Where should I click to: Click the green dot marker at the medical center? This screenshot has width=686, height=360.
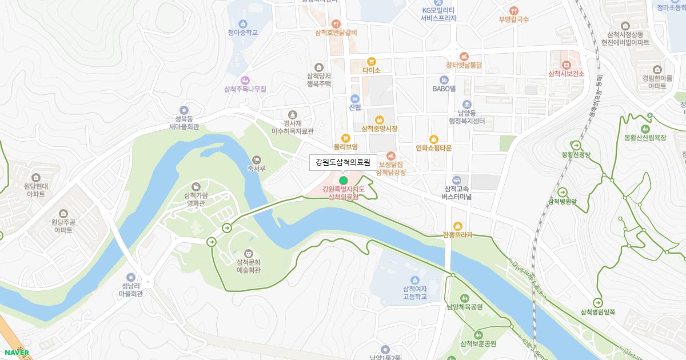tap(343, 181)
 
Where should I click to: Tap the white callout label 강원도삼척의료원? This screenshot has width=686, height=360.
tap(343, 162)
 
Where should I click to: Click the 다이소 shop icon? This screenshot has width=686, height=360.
tap(372, 61)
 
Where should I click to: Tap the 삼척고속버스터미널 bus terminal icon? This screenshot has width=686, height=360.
tap(456, 180)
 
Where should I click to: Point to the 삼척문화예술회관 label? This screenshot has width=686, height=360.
tap(248, 266)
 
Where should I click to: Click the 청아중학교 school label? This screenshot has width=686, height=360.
tap(243, 33)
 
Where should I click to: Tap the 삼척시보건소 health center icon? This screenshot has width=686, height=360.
tap(566, 65)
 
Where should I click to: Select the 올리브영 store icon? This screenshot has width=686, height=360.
tap(345, 138)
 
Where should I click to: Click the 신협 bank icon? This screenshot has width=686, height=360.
tap(354, 98)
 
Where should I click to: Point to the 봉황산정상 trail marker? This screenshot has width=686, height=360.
tap(576, 145)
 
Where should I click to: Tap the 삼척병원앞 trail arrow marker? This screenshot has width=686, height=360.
tap(563, 192)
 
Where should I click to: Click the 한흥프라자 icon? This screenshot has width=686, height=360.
tap(457, 226)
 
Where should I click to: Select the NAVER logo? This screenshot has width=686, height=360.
tap(16, 353)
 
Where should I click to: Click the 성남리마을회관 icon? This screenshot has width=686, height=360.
tap(131, 277)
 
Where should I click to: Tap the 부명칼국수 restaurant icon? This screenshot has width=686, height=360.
tap(513, 10)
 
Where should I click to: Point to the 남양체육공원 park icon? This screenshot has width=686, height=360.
tap(464, 298)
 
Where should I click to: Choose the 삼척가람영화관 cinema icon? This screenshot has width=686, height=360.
tap(196, 186)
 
